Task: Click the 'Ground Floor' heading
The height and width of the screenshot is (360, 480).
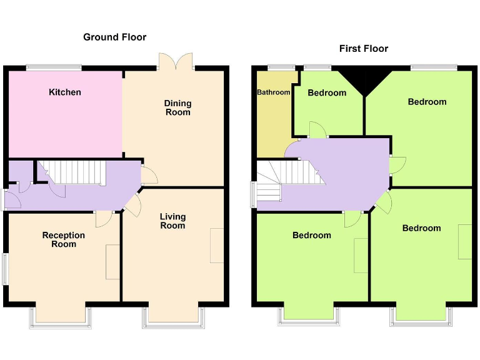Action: [x=114, y=37]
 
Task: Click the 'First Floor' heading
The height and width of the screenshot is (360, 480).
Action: [x=363, y=49]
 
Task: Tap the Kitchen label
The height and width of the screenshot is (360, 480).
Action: [x=65, y=92]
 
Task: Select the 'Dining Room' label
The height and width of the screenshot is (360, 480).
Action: [x=177, y=107]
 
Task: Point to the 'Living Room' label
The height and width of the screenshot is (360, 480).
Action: [x=172, y=221]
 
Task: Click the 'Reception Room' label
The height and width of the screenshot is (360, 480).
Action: [x=64, y=239]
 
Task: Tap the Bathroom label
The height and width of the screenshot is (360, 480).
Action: [x=273, y=92]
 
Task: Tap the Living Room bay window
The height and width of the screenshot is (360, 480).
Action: [x=174, y=317]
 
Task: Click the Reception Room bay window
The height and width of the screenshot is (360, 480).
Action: [x=60, y=317]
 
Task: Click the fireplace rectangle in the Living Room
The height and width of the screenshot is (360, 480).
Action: [x=216, y=246]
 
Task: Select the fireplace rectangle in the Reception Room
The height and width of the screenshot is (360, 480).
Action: [x=112, y=261]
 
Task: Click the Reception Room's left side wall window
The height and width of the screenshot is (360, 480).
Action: [x=4, y=269]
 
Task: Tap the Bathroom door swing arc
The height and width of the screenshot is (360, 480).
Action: [x=292, y=149]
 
